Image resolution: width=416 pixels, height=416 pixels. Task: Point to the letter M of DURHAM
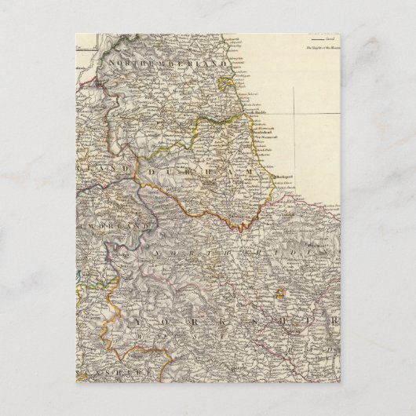(249, 170)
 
